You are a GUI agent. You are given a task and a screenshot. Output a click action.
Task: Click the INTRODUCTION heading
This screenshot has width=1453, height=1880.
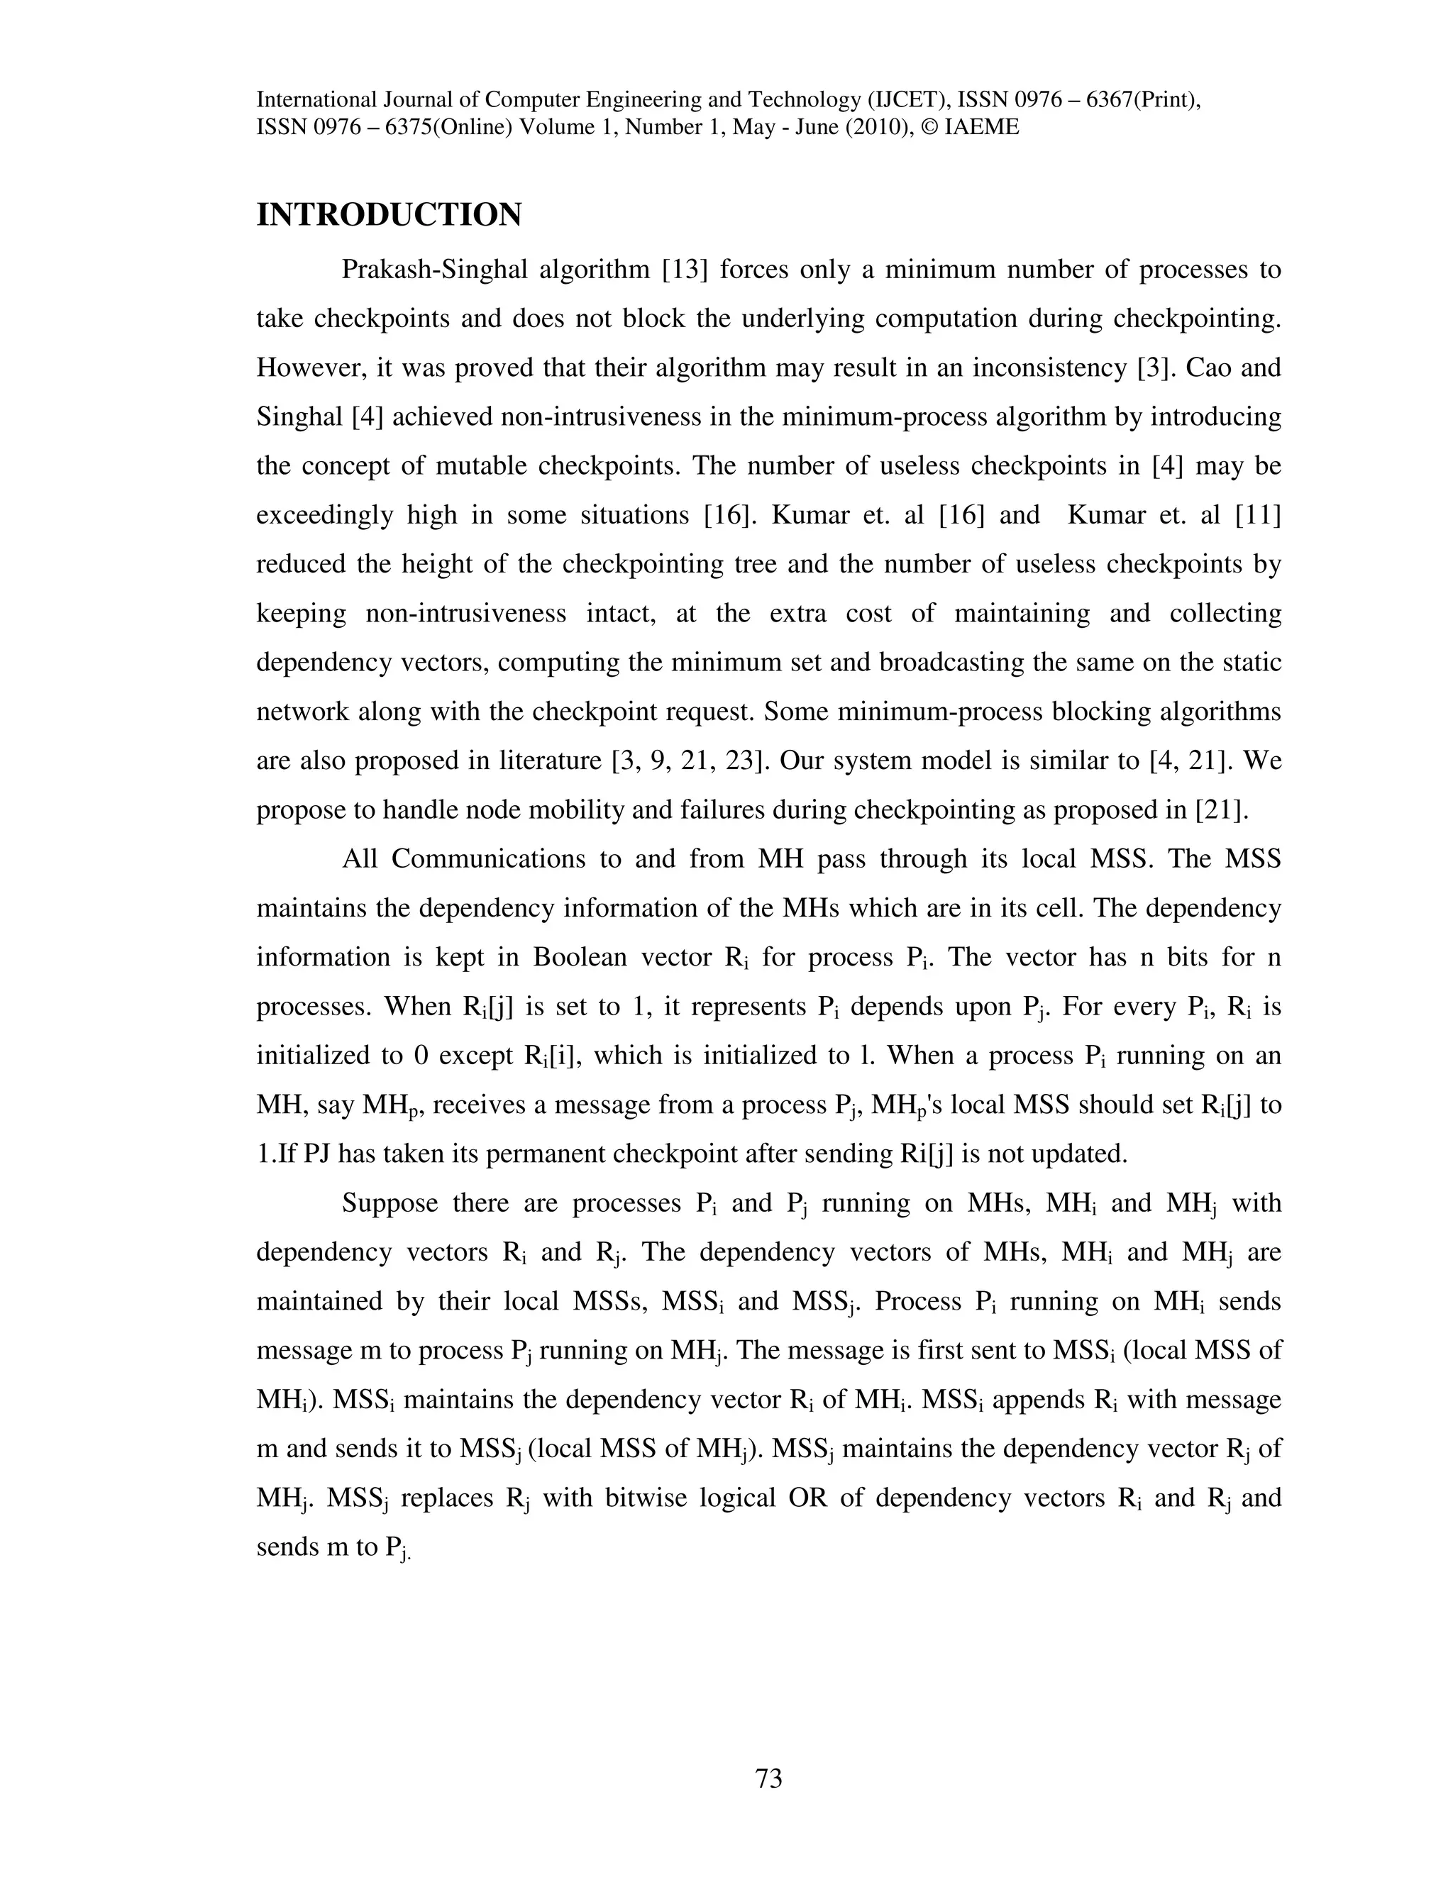click(x=389, y=215)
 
